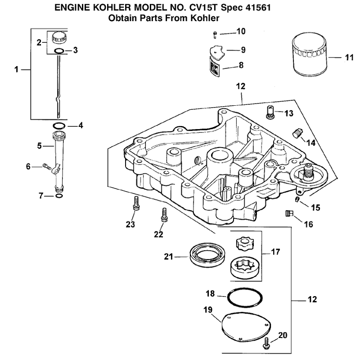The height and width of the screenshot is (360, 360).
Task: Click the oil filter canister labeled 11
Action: pos(310,54)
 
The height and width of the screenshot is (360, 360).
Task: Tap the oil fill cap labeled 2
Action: pos(59,38)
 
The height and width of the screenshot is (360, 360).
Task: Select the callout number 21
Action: pos(168,256)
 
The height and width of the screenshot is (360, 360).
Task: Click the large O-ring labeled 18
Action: pos(245,297)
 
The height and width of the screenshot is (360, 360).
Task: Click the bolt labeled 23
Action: pos(136,203)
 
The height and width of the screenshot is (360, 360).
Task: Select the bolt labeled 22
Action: pos(164,215)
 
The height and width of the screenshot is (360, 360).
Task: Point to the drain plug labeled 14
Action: pos(298,133)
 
